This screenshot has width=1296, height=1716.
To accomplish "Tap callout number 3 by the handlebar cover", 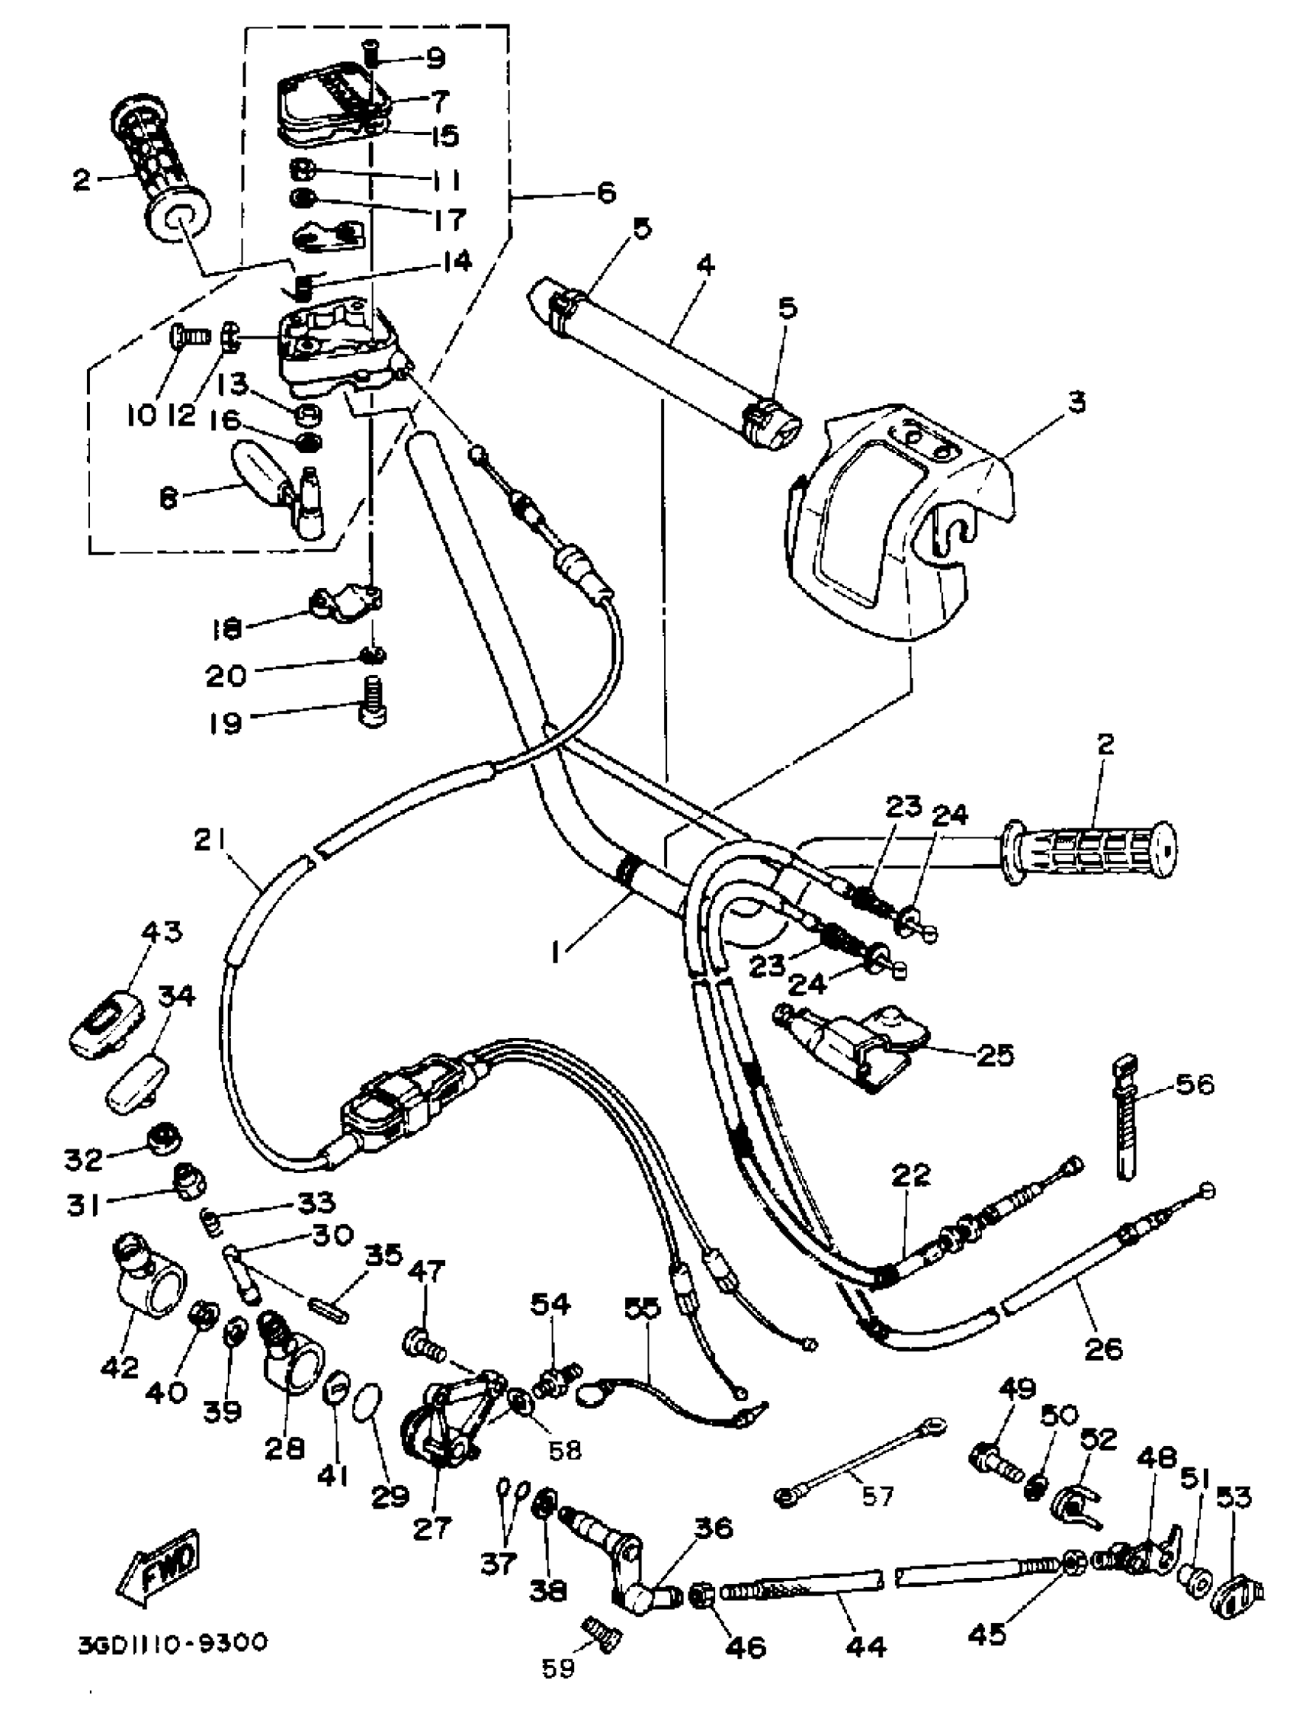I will coord(1076,402).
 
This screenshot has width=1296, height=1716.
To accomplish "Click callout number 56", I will coord(1195,1084).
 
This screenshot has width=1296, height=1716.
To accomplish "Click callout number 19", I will coord(225,723).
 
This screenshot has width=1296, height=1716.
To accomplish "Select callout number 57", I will coord(878,1495).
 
